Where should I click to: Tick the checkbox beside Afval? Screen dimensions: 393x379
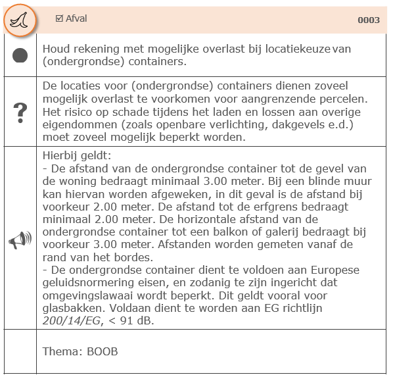[x=59, y=18]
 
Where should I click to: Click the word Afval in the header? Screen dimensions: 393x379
[x=76, y=18]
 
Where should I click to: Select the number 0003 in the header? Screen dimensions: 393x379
[x=369, y=20]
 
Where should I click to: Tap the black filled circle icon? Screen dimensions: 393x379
[x=20, y=56]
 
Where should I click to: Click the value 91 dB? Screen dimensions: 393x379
[x=134, y=319]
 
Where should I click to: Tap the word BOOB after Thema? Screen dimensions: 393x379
[x=103, y=351]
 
